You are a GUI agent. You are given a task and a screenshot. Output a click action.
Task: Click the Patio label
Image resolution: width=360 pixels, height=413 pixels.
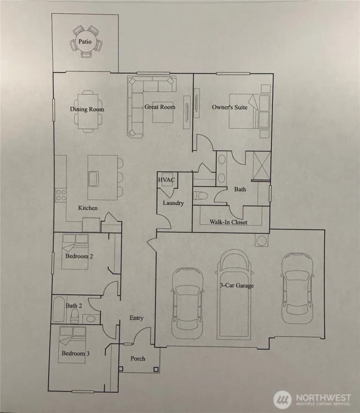pyautogui.click(x=85, y=41)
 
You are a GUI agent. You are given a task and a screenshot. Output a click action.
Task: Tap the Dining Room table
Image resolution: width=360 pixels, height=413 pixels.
pyautogui.click(x=88, y=112)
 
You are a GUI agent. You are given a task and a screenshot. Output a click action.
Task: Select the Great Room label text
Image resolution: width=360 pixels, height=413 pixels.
pyautogui.click(x=160, y=107)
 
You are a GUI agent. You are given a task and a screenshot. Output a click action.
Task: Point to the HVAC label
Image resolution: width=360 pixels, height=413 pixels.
pyautogui.click(x=167, y=180)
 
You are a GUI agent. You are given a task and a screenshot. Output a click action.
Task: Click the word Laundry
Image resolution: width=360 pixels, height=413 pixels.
pyautogui.click(x=173, y=203)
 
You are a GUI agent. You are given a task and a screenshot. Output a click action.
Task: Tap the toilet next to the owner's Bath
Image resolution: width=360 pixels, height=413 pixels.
pyautogui.click(x=200, y=196)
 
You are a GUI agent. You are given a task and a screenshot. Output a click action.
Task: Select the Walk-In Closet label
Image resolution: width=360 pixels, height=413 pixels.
pyautogui.click(x=228, y=222)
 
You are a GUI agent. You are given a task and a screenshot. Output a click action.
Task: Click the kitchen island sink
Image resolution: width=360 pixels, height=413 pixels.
pyautogui.click(x=93, y=179)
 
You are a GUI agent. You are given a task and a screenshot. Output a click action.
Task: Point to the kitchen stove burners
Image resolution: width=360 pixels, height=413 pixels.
pyautogui.click(x=61, y=195)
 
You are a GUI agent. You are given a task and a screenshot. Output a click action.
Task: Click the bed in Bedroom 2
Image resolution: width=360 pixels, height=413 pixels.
pyautogui.click(x=75, y=251)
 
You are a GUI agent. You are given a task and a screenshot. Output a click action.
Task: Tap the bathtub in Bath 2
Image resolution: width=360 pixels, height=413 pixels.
pyautogui.click(x=59, y=310)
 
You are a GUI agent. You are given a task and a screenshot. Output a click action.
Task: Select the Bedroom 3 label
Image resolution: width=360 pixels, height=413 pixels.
pyautogui.click(x=75, y=354)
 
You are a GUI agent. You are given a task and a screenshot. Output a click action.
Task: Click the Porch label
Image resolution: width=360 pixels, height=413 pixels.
pyautogui.click(x=138, y=358)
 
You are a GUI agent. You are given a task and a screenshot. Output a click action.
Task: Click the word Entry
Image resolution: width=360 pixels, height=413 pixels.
pyautogui.click(x=137, y=318)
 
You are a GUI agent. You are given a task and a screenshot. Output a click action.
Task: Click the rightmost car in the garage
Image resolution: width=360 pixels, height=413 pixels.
pyautogui.click(x=297, y=288)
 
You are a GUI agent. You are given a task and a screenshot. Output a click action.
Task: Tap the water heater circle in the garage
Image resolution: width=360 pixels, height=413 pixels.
pyautogui.click(x=262, y=241)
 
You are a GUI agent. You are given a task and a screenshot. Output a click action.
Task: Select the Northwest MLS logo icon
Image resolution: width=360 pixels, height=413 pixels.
pyautogui.click(x=283, y=399)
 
